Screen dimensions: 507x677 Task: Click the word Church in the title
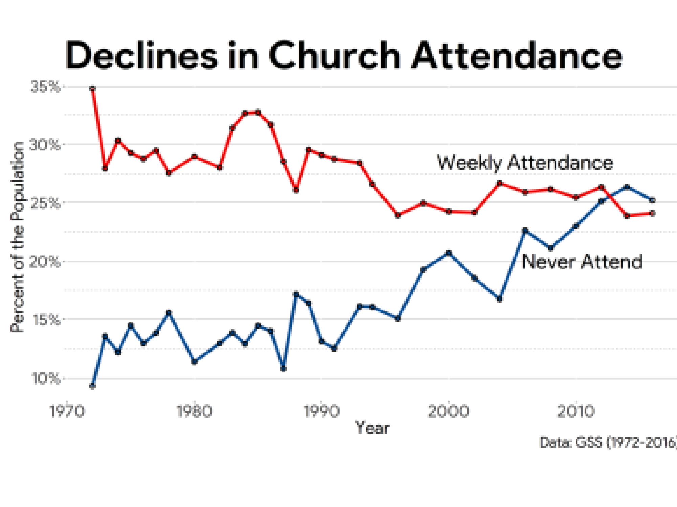pos(334,56)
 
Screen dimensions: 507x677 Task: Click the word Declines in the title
pos(141,56)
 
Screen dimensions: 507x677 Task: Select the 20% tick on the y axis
pos(45,262)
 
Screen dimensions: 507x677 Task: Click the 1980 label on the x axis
pos(194,411)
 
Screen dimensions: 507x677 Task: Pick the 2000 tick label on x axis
pos(449,411)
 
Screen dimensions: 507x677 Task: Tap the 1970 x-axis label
pos(67,411)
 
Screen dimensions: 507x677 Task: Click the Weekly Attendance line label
pos(525,163)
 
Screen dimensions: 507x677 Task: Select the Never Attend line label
pos(582,262)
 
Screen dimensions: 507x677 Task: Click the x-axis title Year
pos(372,428)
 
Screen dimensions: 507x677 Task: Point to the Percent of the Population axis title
pos(18,237)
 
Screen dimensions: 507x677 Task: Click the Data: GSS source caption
pos(608,442)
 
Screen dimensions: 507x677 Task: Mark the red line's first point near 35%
pos(92,89)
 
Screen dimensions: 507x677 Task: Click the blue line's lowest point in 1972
pos(92,386)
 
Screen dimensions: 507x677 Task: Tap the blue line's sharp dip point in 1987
pos(283,369)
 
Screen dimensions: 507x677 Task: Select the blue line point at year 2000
pos(449,253)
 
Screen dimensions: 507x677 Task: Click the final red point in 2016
pos(653,213)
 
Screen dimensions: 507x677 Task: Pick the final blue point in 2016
pos(653,200)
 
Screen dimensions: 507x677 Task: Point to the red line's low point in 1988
pos(296,190)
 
